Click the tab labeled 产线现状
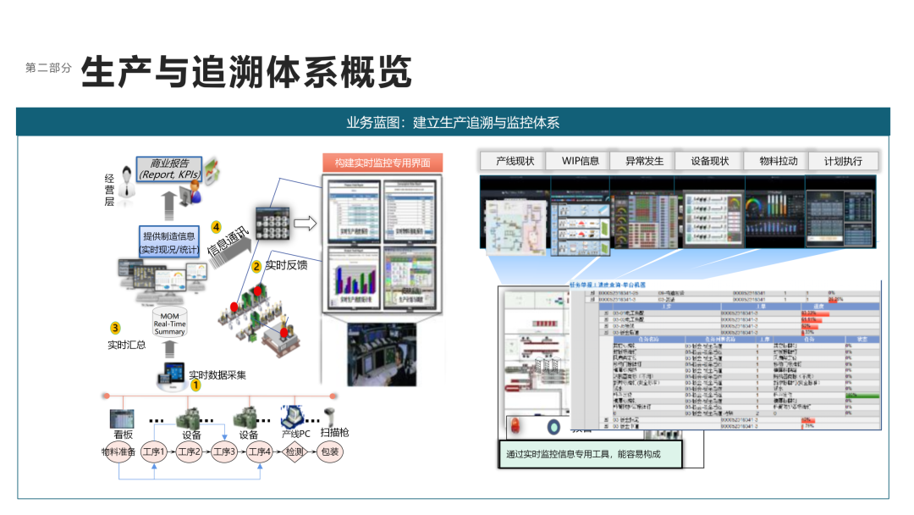(515, 161)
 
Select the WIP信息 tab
(580, 161)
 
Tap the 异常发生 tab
(645, 161)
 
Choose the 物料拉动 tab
(779, 161)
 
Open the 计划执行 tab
(843, 161)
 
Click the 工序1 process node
(153, 452)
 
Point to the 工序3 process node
(224, 452)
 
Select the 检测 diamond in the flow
(294, 452)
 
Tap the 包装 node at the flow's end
(329, 452)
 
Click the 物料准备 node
(118, 452)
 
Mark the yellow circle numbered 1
(195, 385)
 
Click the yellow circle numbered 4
(216, 227)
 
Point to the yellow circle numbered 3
(116, 328)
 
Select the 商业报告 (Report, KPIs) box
(169, 169)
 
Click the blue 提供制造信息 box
(168, 241)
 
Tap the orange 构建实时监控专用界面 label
(383, 163)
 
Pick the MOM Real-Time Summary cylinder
(169, 323)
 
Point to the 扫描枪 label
(334, 433)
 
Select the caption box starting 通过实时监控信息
(589, 454)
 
